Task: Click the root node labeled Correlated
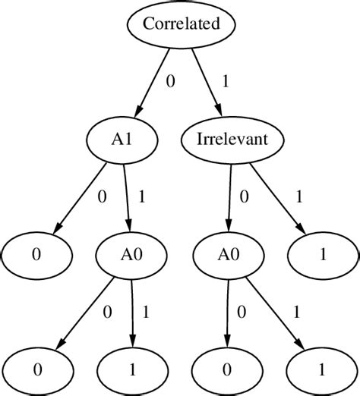[x=180, y=24]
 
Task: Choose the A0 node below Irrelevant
[x=226, y=255]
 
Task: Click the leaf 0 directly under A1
[x=37, y=255]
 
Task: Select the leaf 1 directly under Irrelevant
[x=323, y=255]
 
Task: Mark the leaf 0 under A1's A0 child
[x=37, y=370]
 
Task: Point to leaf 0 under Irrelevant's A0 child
[x=226, y=370]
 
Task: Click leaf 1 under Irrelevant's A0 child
[x=323, y=370]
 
